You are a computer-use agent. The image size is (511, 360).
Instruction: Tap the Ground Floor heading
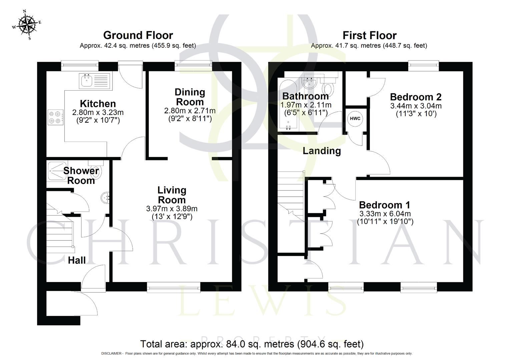(138, 35)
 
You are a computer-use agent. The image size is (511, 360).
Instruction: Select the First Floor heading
(369, 35)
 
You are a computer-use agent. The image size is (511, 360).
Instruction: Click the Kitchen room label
(98, 104)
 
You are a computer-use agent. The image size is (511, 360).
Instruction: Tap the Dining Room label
(190, 97)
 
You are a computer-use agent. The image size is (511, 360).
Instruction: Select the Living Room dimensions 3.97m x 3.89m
(171, 209)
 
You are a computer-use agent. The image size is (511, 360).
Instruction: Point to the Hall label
(77, 260)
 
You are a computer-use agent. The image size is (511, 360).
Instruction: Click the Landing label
(322, 151)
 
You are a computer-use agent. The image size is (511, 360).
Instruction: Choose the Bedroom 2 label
(416, 97)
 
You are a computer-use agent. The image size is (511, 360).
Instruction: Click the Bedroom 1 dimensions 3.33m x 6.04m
(385, 214)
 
